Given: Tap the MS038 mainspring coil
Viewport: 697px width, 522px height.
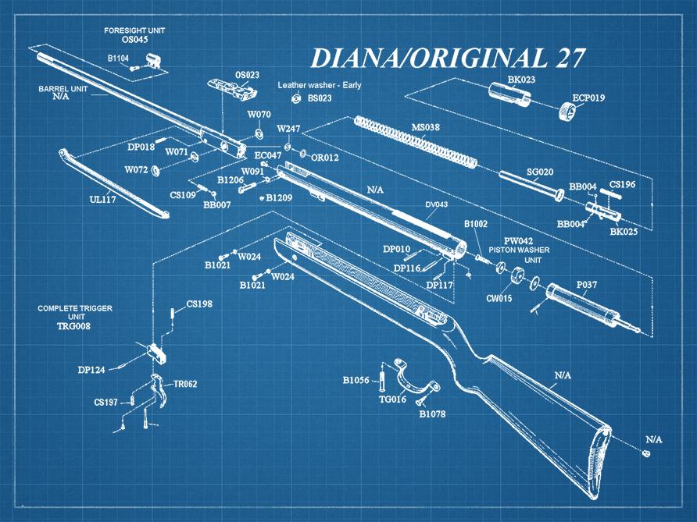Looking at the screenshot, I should [x=414, y=141].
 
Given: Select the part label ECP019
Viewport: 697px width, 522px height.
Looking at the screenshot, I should [x=588, y=98].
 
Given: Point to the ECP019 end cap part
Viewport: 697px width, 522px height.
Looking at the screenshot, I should [x=571, y=114].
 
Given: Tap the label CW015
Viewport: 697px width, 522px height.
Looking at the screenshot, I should [x=499, y=298].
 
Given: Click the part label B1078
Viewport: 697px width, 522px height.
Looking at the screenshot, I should [x=432, y=414].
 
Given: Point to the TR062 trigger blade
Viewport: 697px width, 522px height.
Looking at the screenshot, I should [x=160, y=394].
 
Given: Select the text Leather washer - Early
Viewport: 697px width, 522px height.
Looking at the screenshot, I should [x=320, y=85].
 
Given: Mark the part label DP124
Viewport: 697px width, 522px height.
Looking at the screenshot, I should [x=91, y=370].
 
